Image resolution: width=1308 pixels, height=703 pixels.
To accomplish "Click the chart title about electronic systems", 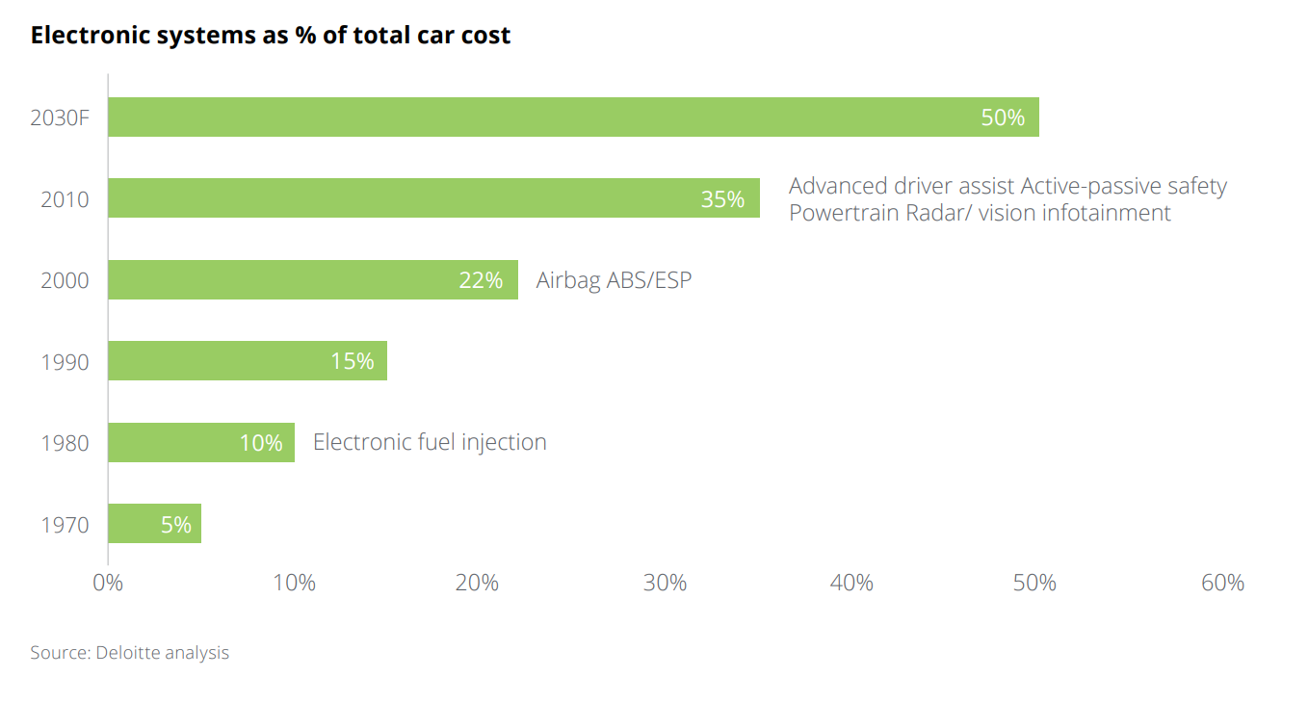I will [x=271, y=36].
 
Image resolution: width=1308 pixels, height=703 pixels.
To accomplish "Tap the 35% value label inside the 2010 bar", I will [x=722, y=199].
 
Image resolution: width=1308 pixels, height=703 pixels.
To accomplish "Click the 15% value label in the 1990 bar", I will [x=352, y=361].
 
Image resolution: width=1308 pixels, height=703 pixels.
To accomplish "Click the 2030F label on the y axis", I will [x=60, y=118].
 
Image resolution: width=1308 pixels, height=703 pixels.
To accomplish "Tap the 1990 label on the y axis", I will [x=65, y=362].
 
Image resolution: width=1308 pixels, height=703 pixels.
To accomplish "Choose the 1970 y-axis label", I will [x=65, y=525].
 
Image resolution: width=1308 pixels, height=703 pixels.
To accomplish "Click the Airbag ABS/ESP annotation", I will [x=614, y=280].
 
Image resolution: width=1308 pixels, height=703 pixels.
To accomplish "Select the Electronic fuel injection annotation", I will [x=430, y=442].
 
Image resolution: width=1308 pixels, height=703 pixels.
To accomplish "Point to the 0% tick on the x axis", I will [x=108, y=583].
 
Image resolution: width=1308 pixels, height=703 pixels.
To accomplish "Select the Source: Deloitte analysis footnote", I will [x=130, y=653].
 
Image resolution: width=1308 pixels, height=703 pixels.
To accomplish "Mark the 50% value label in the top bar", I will [x=1003, y=117].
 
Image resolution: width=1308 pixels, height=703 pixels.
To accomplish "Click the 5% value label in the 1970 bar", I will [x=176, y=525].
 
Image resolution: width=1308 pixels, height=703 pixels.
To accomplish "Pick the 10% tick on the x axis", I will [x=294, y=583].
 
